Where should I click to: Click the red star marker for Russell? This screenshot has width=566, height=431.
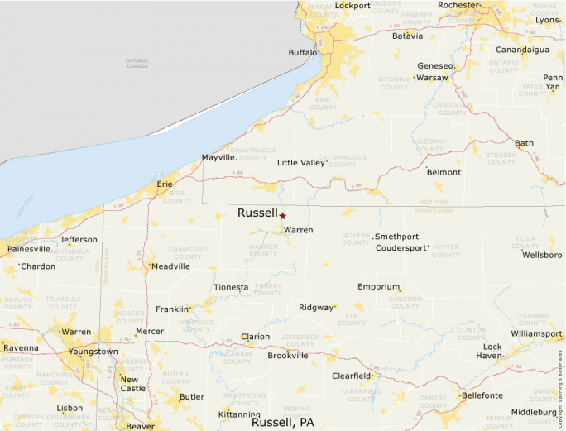tap(282, 215)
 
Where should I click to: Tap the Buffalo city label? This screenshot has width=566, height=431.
tap(302, 53)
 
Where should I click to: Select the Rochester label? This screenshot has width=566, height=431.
tap(458, 5)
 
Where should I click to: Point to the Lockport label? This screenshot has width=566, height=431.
tap(353, 6)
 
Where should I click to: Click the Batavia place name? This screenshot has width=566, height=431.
tap(407, 36)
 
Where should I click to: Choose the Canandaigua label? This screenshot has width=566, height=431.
tap(522, 50)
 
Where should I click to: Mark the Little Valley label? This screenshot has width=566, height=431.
tap(301, 163)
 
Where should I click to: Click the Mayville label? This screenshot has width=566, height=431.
tap(219, 157)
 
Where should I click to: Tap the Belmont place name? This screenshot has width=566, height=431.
tap(444, 172)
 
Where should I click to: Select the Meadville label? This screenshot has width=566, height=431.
tap(170, 266)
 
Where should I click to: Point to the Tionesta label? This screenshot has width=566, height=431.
tap(231, 288)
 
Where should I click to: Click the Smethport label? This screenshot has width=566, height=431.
tap(397, 237)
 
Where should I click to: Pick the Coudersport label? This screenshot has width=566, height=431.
tap(402, 247)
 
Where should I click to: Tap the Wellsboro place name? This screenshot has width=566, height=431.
tap(542, 255)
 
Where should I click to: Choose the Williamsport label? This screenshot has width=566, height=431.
tap(536, 333)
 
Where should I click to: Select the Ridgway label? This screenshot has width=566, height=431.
tap(316, 307)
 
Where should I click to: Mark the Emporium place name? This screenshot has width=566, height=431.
tap(379, 287)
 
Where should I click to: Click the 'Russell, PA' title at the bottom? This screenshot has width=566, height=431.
tap(283, 422)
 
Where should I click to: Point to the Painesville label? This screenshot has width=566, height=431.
tap(29, 249)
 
